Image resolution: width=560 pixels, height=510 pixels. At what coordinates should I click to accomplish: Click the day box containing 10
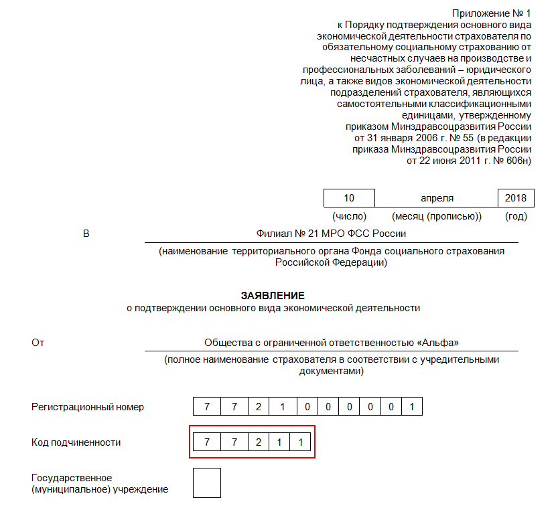point(349,198)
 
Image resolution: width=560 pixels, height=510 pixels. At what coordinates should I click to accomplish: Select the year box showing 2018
point(516,198)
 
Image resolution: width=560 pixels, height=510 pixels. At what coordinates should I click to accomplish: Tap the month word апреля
point(437,198)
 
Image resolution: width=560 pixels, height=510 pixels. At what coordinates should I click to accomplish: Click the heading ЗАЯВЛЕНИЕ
point(273,295)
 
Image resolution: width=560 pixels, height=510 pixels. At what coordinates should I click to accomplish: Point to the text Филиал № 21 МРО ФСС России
point(331,234)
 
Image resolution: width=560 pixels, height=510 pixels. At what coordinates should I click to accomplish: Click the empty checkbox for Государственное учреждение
point(206,483)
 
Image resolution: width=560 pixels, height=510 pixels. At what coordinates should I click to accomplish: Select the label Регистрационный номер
point(88,407)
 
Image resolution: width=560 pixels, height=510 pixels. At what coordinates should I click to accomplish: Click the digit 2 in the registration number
point(259,407)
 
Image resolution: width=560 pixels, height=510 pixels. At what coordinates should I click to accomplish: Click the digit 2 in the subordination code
point(259,442)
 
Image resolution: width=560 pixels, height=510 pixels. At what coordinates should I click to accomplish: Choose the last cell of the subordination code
point(301,442)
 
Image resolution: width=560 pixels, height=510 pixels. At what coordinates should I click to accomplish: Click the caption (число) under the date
point(349,216)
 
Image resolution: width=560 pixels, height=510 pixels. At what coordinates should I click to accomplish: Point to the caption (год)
point(516,216)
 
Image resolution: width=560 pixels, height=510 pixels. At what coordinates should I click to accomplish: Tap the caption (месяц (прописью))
point(437,216)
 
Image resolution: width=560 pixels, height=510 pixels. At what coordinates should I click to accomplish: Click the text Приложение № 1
point(492,13)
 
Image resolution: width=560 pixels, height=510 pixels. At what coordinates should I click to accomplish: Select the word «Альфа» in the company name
point(438,343)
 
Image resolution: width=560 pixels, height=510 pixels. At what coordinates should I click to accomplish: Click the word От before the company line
point(38,343)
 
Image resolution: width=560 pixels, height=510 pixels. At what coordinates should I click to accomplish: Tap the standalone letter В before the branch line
point(86,234)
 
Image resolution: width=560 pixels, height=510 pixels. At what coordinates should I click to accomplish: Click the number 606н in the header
point(518,161)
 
